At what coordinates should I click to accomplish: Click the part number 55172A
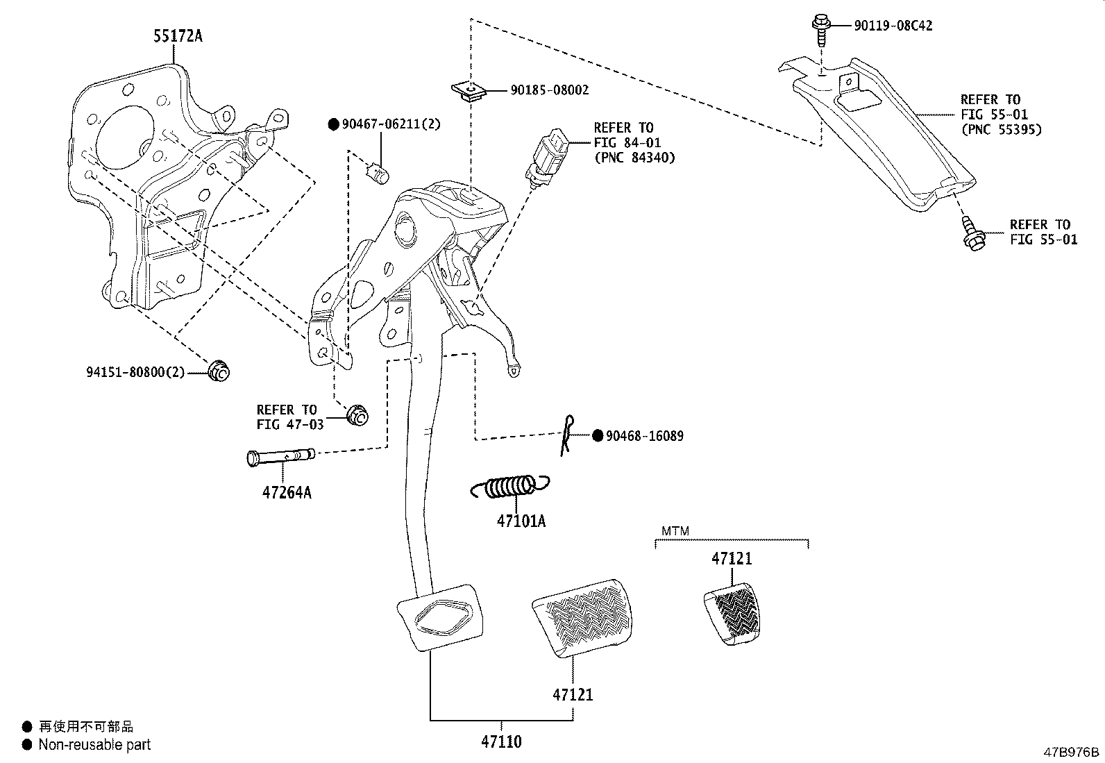click(x=178, y=36)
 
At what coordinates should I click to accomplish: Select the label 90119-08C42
click(x=893, y=26)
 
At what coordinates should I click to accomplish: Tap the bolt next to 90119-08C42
click(x=821, y=30)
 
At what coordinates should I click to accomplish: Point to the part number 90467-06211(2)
click(x=391, y=124)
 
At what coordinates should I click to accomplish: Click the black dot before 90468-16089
click(x=598, y=436)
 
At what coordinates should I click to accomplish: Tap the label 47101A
click(x=521, y=521)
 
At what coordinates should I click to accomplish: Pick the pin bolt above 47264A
click(x=280, y=457)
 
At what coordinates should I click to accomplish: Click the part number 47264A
click(x=287, y=492)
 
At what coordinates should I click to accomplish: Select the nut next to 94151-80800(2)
click(x=219, y=371)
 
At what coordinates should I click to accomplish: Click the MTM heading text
click(x=675, y=531)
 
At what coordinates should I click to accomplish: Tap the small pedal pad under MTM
click(x=732, y=614)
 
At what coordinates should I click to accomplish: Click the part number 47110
click(x=501, y=741)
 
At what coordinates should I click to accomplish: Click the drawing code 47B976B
click(x=1071, y=752)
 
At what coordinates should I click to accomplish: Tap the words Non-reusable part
click(x=94, y=744)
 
